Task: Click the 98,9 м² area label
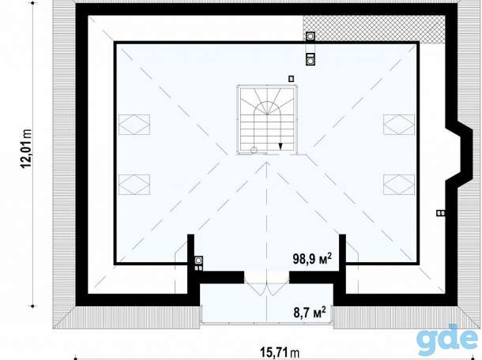[312, 259]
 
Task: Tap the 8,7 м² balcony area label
[310, 313]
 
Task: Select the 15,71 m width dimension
[280, 352]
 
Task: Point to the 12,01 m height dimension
[26, 148]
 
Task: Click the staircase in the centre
[267, 120]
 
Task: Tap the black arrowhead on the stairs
[280, 146]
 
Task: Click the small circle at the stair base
[254, 150]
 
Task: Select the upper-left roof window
[134, 125]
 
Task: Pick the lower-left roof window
[134, 185]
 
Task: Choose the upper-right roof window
[399, 125]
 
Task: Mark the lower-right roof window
[399, 185]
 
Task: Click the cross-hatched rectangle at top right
[374, 29]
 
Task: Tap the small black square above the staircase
[291, 79]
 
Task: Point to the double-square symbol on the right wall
[441, 213]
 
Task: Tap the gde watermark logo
[448, 339]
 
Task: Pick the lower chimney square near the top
[311, 59]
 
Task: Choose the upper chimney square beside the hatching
[311, 36]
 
